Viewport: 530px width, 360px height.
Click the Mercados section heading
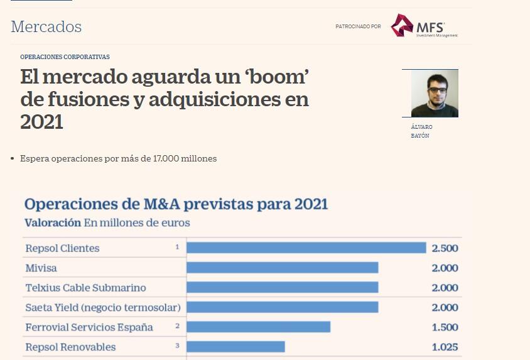pos(46,27)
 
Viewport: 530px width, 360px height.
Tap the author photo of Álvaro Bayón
pos(434,93)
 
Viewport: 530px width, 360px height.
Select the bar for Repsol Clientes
pos(306,248)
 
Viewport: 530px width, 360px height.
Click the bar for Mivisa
pos(282,268)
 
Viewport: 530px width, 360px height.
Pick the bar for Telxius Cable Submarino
pos(282,287)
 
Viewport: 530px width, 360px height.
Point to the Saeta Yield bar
pos(282,307)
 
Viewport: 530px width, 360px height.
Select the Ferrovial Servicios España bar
pos(258,327)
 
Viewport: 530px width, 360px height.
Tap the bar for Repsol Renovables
pos(235,347)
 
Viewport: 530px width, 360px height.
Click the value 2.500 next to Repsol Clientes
pos(445,248)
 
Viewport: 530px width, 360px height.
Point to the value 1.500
pos(445,327)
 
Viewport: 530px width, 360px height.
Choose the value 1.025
pos(445,347)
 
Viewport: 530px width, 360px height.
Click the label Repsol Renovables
pos(70,347)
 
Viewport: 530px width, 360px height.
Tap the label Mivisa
pos(41,268)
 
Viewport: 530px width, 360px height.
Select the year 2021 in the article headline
pos(41,122)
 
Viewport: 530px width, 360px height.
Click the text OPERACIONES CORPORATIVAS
pos(65,57)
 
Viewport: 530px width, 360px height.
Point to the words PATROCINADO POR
pos(358,26)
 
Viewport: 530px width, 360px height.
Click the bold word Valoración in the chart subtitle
pos(53,222)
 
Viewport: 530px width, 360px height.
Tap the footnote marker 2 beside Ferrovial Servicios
pos(178,325)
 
